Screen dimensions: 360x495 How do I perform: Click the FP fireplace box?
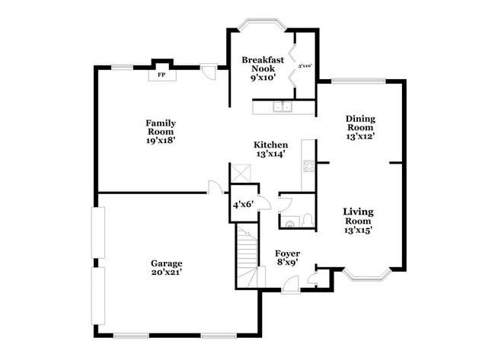pos(161,75)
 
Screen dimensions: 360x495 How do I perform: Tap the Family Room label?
pos(161,127)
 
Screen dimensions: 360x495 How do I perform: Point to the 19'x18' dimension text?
pos(161,140)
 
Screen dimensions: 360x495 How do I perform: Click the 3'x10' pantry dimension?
pos(305,66)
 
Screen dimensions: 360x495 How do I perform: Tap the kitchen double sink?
pos(284,107)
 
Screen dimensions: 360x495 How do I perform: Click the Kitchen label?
pos(270,145)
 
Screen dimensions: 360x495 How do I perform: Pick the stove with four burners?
pos(308,167)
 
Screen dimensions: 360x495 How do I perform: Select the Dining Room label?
pos(360,123)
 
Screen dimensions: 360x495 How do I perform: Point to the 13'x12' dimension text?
pos(360,137)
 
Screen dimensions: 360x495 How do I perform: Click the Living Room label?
pos(358,216)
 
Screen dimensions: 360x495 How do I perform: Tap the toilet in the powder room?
pos(306,219)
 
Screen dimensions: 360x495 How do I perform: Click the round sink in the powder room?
pos(289,222)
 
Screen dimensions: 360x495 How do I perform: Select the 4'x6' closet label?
pos(242,205)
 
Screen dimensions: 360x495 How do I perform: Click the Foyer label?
pos(288,253)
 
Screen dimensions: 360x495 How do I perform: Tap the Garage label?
pos(165,263)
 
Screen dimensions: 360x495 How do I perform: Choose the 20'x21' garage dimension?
pos(165,272)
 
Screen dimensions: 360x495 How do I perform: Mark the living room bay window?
pos(366,274)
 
